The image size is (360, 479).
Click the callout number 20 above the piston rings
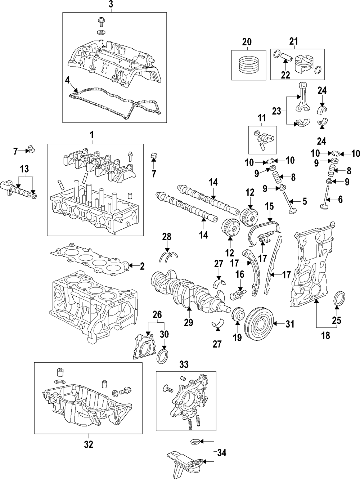coord(247,42)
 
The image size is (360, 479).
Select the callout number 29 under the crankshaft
coord(189,323)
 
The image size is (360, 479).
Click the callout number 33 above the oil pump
coord(184,365)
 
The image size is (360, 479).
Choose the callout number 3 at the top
coord(111,5)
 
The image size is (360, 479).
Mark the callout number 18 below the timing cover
coord(325,336)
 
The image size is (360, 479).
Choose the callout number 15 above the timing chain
coord(269,206)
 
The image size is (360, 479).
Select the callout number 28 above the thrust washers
coord(167,237)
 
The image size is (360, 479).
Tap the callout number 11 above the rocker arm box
coord(261,117)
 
